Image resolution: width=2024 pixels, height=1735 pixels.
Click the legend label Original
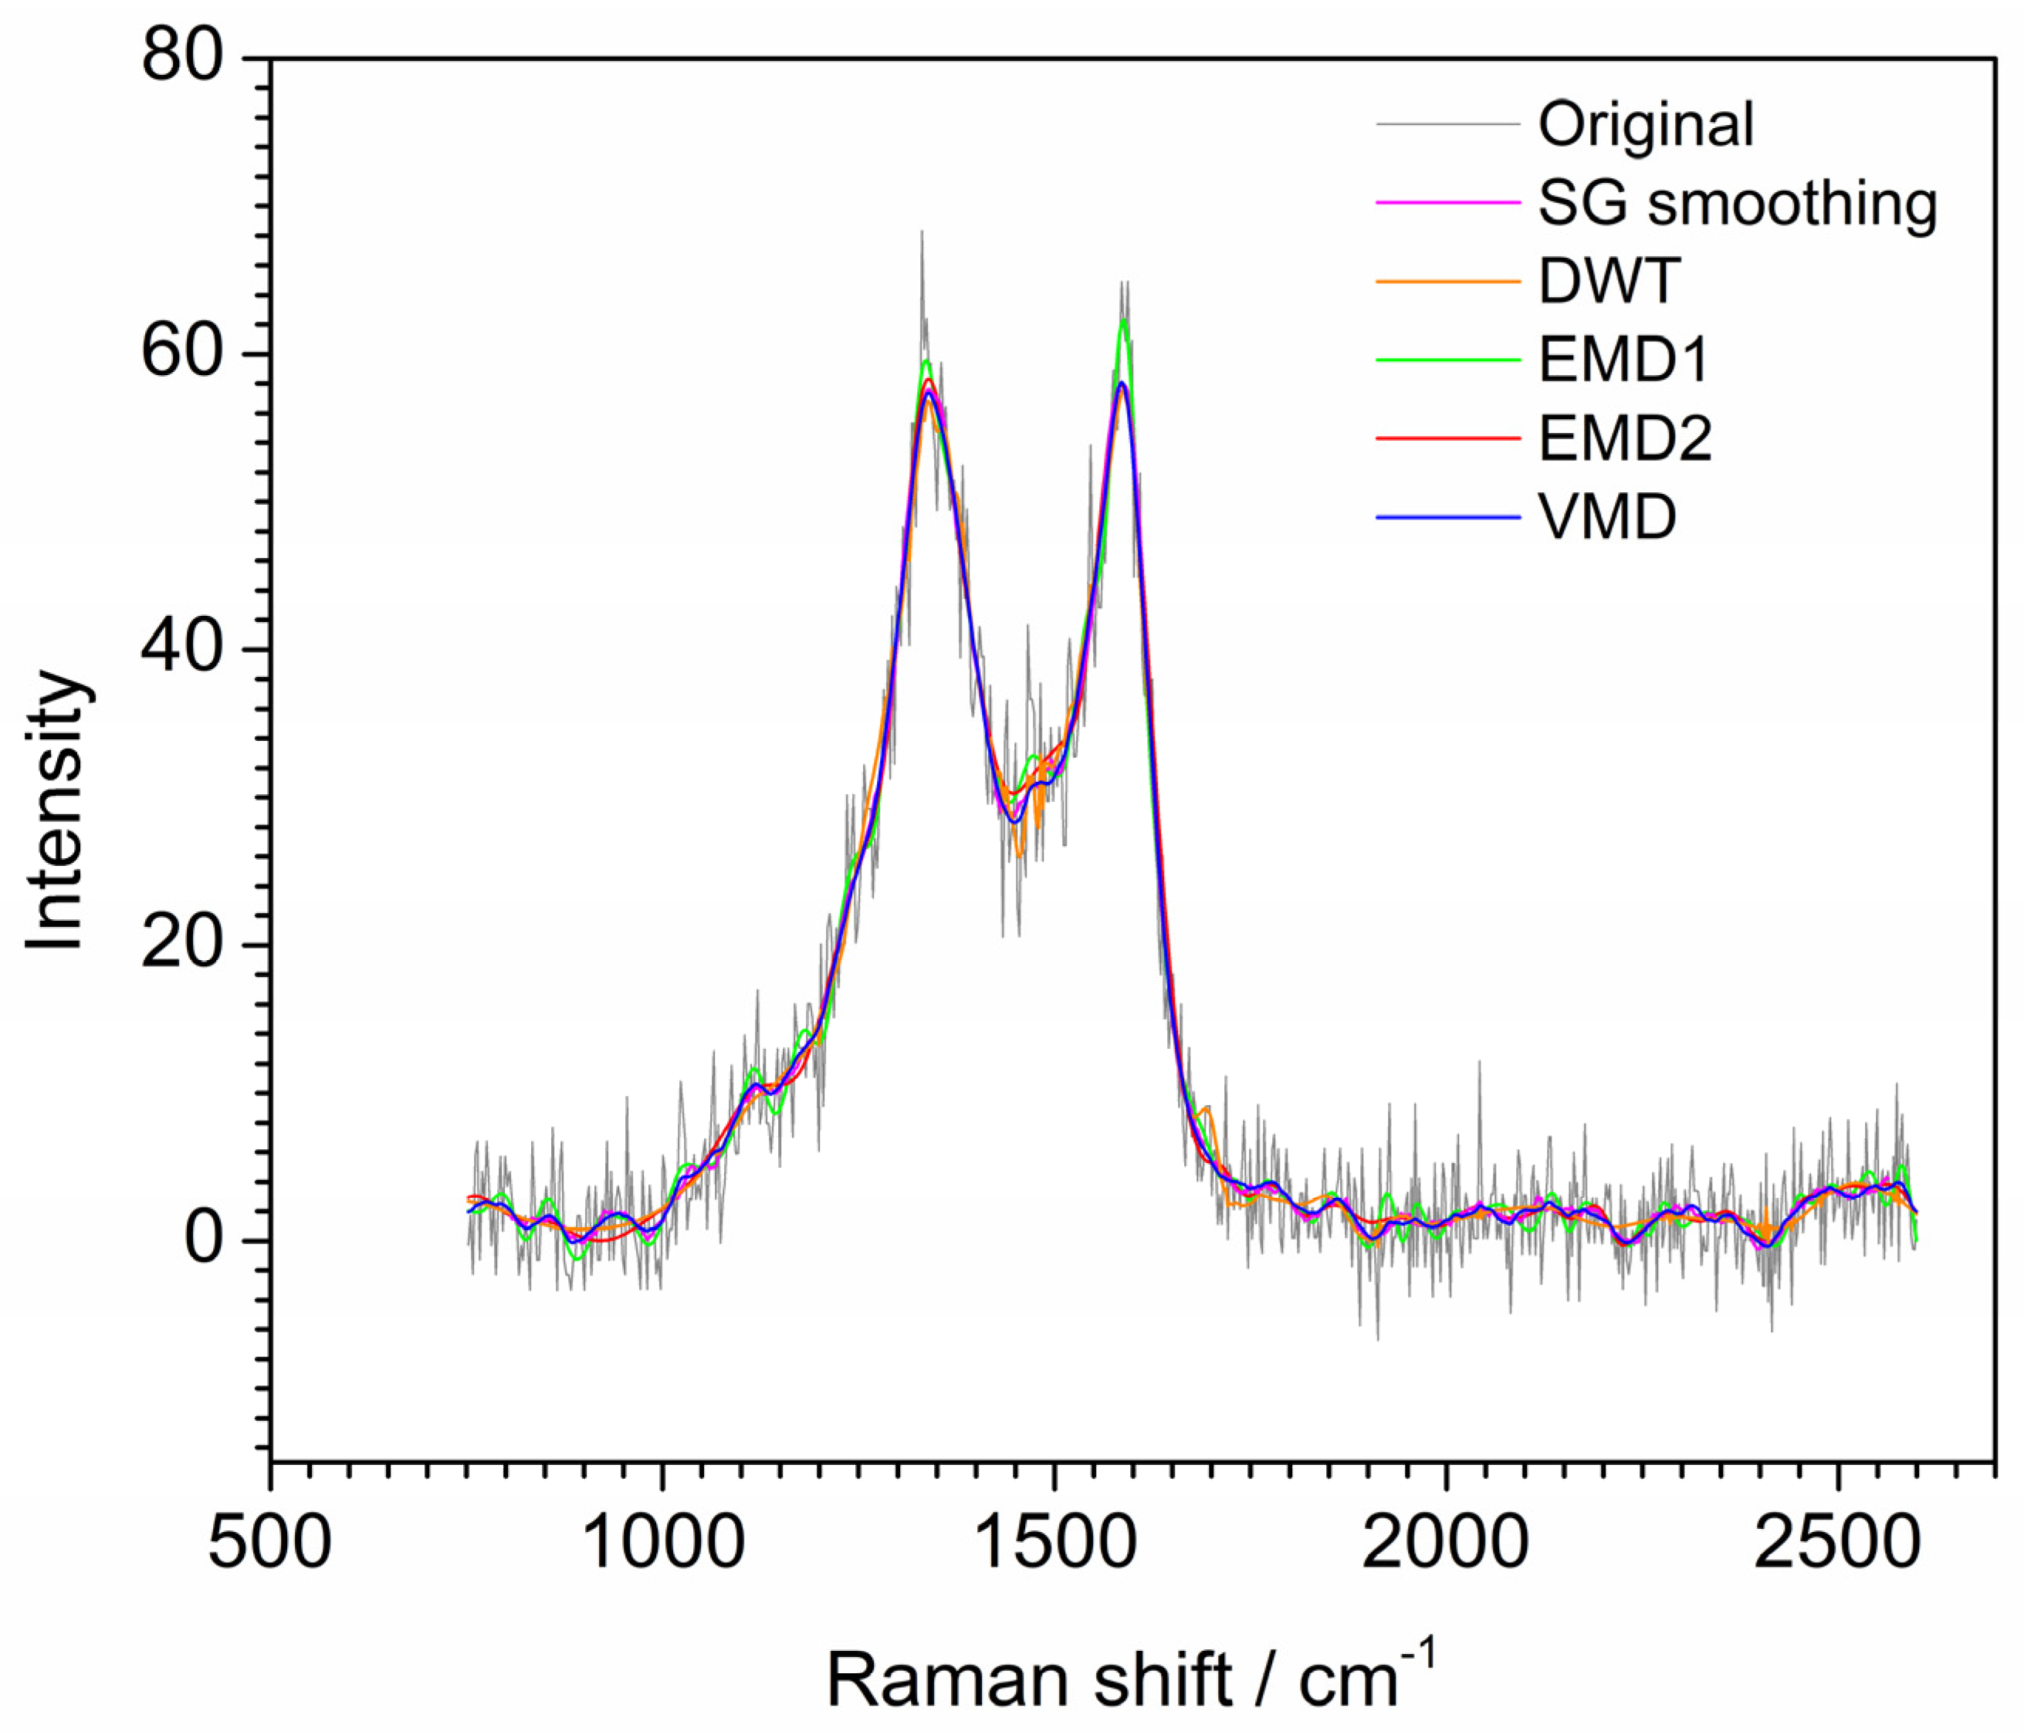click(1646, 125)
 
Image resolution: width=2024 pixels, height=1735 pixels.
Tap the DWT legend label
click(1609, 282)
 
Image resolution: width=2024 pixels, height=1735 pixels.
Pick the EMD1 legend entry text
click(1623, 360)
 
